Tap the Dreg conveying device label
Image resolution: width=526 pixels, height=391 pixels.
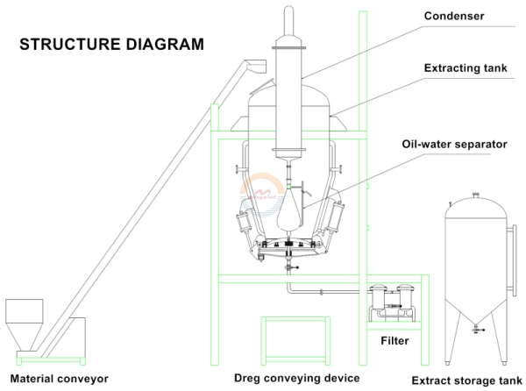click(296, 379)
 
